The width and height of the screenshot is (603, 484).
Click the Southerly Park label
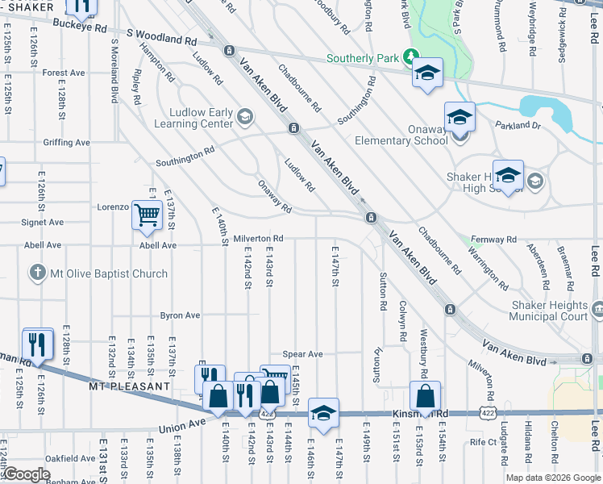(362, 59)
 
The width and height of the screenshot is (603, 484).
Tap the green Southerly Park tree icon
(410, 57)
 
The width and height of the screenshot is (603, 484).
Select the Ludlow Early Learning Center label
(201, 119)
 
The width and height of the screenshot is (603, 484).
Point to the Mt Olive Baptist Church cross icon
(37, 273)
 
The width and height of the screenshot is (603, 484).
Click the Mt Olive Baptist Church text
(109, 274)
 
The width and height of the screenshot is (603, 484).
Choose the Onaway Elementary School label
(401, 134)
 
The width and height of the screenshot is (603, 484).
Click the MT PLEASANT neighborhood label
(131, 386)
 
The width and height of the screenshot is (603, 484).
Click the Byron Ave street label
(180, 315)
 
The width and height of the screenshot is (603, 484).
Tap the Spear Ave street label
(302, 354)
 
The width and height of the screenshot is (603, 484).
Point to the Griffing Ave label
(67, 142)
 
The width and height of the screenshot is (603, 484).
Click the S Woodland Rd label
(162, 39)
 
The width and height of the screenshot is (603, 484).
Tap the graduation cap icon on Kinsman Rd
(323, 414)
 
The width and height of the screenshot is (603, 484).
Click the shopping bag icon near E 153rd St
(425, 397)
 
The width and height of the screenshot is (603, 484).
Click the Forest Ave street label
(64, 73)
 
